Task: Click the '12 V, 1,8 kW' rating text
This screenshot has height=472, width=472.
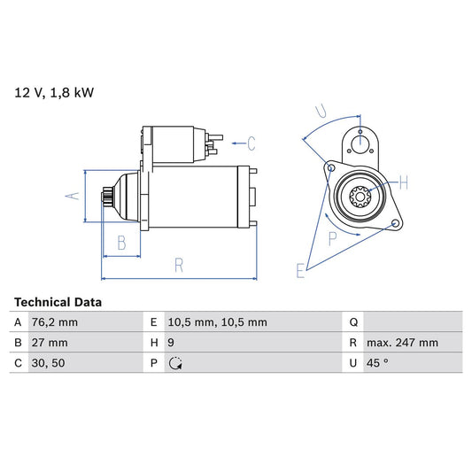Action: coord(53,91)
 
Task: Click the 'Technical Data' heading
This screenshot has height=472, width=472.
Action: coord(58,302)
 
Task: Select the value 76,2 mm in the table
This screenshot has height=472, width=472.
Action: coord(56,322)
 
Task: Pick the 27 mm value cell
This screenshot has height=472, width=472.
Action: coord(50,343)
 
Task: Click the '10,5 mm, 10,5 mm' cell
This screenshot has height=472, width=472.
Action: coord(216,322)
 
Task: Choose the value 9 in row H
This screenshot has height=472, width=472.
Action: coord(170,343)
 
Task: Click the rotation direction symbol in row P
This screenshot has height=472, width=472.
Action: coord(174,363)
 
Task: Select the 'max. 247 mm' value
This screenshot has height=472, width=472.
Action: coord(403,343)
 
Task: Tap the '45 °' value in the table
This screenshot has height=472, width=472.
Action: coord(377,363)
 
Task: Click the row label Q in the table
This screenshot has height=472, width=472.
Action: coord(353,322)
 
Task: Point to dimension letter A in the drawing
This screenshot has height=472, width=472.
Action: coord(76,197)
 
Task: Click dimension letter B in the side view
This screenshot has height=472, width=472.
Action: coord(121,242)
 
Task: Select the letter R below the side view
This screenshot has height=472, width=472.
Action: coord(178,264)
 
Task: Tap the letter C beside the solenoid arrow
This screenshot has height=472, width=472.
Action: coord(251,143)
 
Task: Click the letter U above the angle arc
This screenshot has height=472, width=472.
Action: coord(321,112)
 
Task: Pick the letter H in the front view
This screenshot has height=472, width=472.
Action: coord(403,183)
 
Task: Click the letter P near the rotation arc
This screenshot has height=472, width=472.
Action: coord(333,237)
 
